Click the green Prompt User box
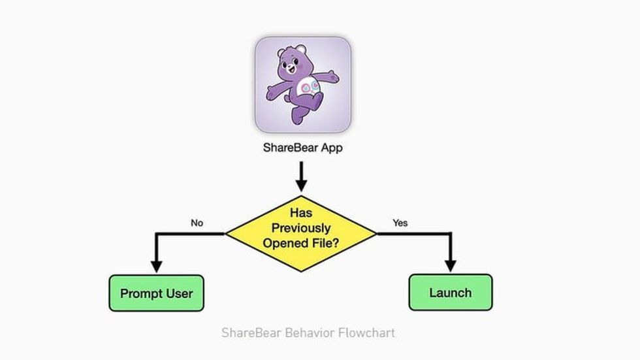pyautogui.click(x=156, y=293)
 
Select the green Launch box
pyautogui.click(x=451, y=292)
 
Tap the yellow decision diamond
pyautogui.click(x=301, y=233)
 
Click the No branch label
pyautogui.click(x=197, y=223)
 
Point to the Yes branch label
pyautogui.click(x=400, y=223)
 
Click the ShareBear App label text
pyautogui.click(x=303, y=148)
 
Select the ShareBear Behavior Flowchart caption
pyautogui.click(x=308, y=333)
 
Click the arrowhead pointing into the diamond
pyautogui.click(x=301, y=186)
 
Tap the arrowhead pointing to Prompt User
pyautogui.click(x=156, y=267)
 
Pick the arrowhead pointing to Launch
pyautogui.click(x=451, y=266)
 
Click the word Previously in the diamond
pyautogui.click(x=301, y=228)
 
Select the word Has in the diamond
pyautogui.click(x=301, y=212)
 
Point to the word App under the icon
pyautogui.click(x=332, y=148)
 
